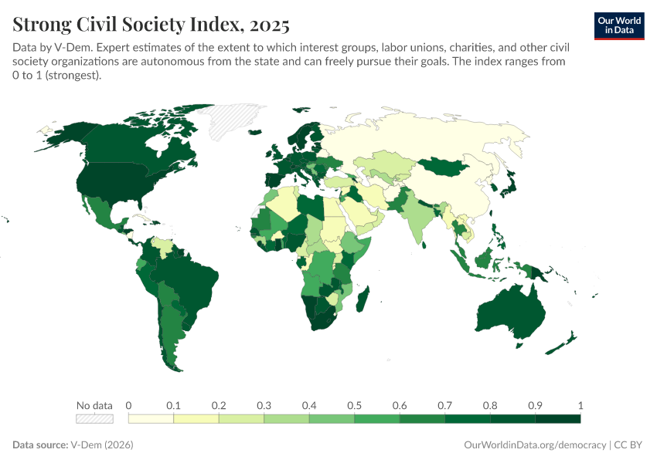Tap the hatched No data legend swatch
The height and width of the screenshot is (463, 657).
tap(94, 418)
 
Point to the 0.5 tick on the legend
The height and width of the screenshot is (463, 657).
tap(354, 405)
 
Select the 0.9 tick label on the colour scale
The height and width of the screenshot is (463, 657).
tap(535, 405)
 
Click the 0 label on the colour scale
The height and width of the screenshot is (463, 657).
tap(128, 405)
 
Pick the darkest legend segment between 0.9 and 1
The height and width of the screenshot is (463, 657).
tap(557, 418)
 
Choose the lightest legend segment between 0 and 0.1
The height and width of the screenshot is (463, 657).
tap(151, 418)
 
